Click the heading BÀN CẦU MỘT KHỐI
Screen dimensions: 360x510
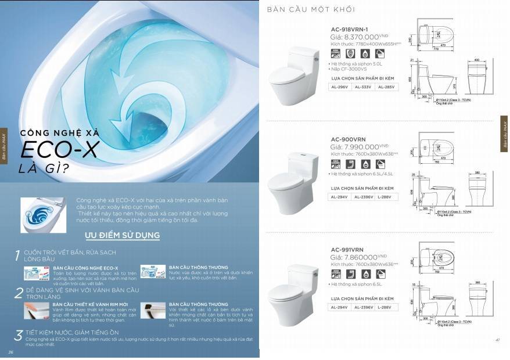(x=311, y=10)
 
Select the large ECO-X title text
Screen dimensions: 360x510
(x=59, y=149)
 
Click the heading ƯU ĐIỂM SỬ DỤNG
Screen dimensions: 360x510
(x=122, y=235)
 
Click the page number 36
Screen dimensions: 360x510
(x=10, y=352)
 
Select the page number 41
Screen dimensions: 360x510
(x=497, y=340)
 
